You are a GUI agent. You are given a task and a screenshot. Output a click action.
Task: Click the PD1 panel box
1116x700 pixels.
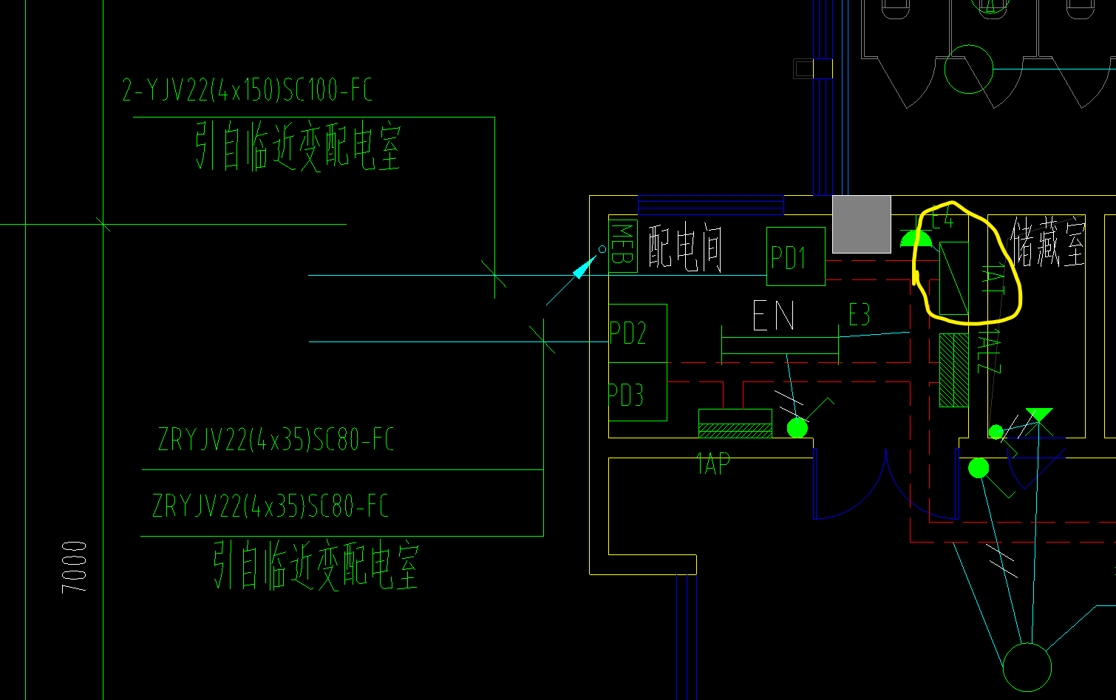coord(795,256)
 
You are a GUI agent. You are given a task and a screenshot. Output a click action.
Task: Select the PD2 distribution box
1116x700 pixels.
coord(637,333)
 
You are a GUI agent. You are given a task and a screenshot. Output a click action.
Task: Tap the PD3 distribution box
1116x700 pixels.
coord(637,393)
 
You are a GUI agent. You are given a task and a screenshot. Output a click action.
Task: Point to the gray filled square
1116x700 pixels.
coord(861,224)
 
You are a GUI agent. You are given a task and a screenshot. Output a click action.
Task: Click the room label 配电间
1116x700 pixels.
coord(685,247)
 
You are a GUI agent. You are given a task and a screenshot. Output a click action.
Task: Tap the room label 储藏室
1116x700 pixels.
coord(1048,242)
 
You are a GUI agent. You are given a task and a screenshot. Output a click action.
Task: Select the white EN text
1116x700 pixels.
coord(773,316)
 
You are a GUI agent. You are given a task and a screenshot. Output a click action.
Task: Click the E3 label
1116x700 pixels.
coord(859,316)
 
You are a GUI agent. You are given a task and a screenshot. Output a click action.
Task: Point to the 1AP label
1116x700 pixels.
coord(713,464)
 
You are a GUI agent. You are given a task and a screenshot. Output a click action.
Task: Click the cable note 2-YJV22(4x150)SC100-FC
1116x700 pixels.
coord(248,91)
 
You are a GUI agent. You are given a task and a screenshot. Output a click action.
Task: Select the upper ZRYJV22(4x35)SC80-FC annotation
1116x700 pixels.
coord(276,441)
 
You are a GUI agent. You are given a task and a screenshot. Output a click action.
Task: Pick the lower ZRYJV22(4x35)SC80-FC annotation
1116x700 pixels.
coord(271,507)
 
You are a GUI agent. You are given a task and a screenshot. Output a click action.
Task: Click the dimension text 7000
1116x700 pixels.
coord(75,567)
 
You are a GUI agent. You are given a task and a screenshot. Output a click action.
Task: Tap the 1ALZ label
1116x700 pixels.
coord(990,352)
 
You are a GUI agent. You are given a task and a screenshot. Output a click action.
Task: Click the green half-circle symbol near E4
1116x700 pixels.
coord(915,239)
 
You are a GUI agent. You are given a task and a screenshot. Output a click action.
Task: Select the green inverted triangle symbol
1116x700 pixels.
coord(1039,415)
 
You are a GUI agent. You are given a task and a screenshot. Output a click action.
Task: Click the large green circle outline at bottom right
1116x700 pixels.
coord(1027,667)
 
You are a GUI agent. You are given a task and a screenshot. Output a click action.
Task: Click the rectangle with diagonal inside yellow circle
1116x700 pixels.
coord(953,278)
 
